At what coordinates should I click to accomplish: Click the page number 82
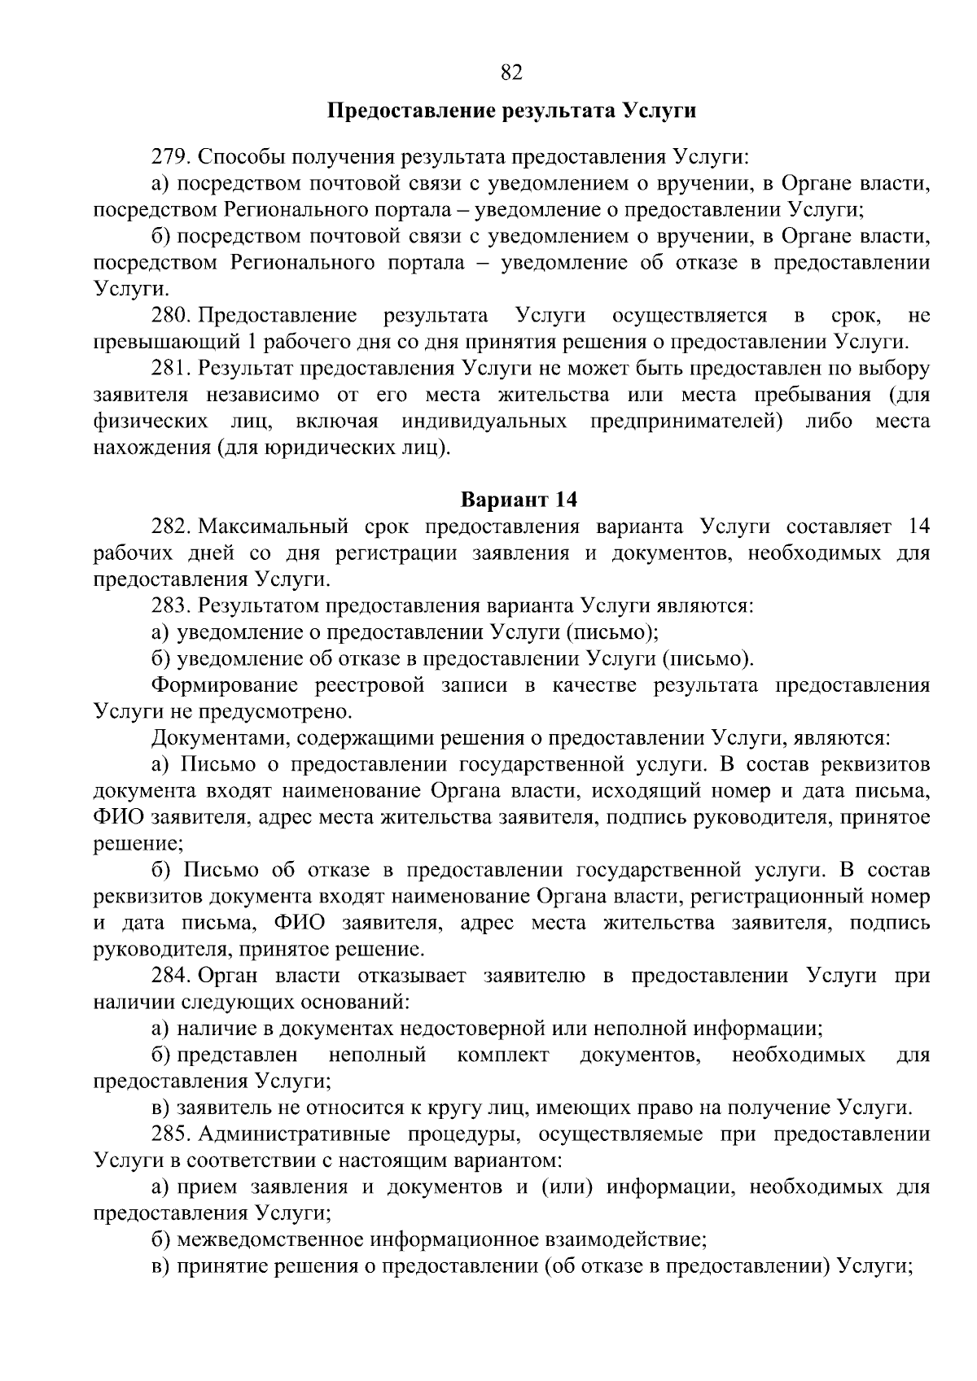511,73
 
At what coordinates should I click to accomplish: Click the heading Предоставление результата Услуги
511,111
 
